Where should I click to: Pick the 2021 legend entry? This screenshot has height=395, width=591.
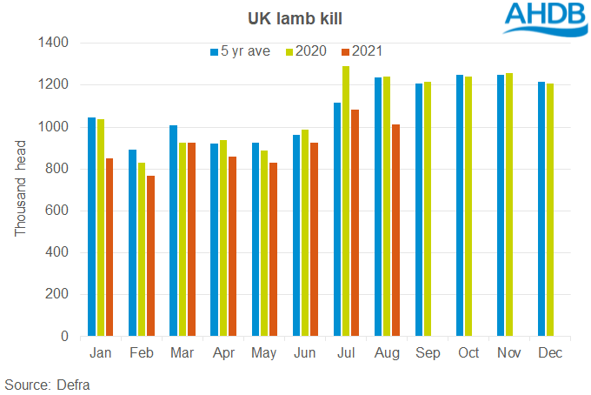coord(364,50)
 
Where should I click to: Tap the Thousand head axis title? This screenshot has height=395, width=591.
coord(21,189)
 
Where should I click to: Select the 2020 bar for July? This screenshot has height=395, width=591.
coord(345,201)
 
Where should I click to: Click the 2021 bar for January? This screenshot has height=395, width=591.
coord(110,247)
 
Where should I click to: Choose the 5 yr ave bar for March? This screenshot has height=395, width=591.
coord(174,231)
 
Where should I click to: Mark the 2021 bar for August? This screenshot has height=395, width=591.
coord(395,231)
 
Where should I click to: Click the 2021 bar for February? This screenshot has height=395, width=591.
coord(151,256)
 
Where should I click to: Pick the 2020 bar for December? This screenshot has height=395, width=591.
coord(550,210)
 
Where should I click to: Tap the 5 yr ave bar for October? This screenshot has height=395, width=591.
coord(460,205)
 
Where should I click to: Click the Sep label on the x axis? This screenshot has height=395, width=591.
coord(427,353)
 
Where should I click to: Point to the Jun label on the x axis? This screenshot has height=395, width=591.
coord(304,353)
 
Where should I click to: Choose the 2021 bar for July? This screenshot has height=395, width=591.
coord(355,223)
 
